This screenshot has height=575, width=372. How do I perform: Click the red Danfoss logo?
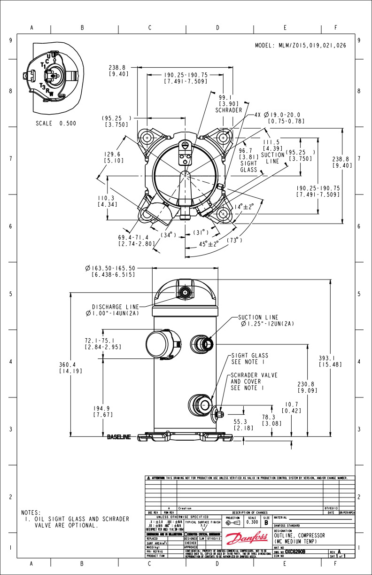(244, 538)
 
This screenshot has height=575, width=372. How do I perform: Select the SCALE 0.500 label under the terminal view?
(55, 124)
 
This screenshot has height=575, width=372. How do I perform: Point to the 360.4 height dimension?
(69, 365)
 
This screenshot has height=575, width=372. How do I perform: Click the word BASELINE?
(119, 437)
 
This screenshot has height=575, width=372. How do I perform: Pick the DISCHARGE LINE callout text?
(116, 306)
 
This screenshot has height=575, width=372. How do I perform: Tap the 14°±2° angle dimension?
(244, 206)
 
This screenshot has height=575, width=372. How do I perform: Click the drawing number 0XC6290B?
(295, 552)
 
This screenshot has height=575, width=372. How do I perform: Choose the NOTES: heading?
(31, 512)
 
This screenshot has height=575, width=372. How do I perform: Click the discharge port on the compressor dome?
(186, 293)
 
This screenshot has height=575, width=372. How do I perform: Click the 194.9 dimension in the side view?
(101, 408)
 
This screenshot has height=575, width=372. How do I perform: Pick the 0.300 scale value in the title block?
(252, 522)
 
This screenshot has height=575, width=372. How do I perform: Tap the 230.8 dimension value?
(307, 384)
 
